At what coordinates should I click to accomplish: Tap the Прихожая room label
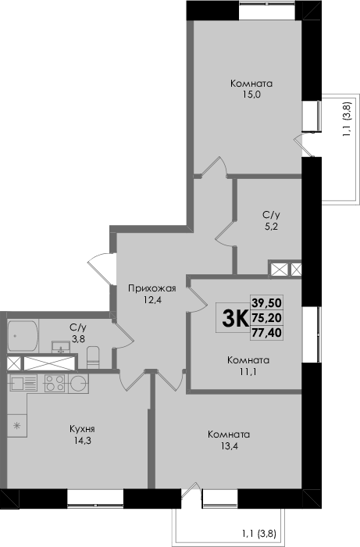coord(152,289)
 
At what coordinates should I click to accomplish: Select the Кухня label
coord(82,429)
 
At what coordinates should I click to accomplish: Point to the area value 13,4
coord(229,445)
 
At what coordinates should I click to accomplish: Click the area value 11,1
coord(248,371)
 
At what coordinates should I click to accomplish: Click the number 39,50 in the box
coord(267,302)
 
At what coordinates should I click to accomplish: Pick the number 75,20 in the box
coord(267,318)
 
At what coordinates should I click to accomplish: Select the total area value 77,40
coord(267,333)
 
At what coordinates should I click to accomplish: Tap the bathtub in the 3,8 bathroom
coord(23,336)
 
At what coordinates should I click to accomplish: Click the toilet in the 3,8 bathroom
coord(93,357)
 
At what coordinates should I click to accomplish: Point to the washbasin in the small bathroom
coord(61,348)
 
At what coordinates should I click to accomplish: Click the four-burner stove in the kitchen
coord(55,384)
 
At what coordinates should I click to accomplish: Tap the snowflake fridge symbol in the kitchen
coord(16,425)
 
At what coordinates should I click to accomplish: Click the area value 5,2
coord(271,226)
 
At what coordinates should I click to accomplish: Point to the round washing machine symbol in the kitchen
coord(78,384)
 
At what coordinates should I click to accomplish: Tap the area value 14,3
coord(82,441)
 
